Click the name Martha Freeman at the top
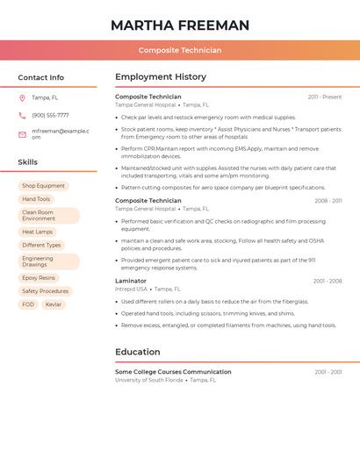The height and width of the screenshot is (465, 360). pyautogui.click(x=180, y=25)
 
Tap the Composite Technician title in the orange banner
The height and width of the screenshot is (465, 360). pyautogui.click(x=180, y=51)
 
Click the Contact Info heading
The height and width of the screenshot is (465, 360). pyautogui.click(x=41, y=77)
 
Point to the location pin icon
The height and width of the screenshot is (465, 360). pyautogui.click(x=22, y=97)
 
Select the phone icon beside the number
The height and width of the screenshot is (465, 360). pyautogui.click(x=22, y=115)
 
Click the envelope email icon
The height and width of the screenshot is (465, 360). pyautogui.click(x=22, y=134)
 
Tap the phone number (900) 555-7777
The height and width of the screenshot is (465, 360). pyautogui.click(x=50, y=115)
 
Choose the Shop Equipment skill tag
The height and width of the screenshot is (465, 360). pyautogui.click(x=43, y=186)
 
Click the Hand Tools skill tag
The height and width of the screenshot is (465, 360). pyautogui.click(x=36, y=199)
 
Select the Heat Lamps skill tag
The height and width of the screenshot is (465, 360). pyautogui.click(x=38, y=232)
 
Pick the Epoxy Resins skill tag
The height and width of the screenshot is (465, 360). pyautogui.click(x=39, y=277)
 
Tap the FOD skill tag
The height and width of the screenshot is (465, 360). pyautogui.click(x=28, y=304)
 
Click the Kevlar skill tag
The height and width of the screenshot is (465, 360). pyautogui.click(x=54, y=304)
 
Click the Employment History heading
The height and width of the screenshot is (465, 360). pyautogui.click(x=161, y=77)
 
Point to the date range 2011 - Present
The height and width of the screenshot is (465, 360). pyautogui.click(x=324, y=97)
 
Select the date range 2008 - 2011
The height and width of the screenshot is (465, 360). pyautogui.click(x=328, y=201)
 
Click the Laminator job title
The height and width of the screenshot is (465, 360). pyautogui.click(x=131, y=281)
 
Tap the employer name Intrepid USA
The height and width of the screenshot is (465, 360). pyautogui.click(x=131, y=289)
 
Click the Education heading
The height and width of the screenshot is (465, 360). pyautogui.click(x=137, y=352)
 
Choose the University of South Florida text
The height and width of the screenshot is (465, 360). pyautogui.click(x=148, y=380)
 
